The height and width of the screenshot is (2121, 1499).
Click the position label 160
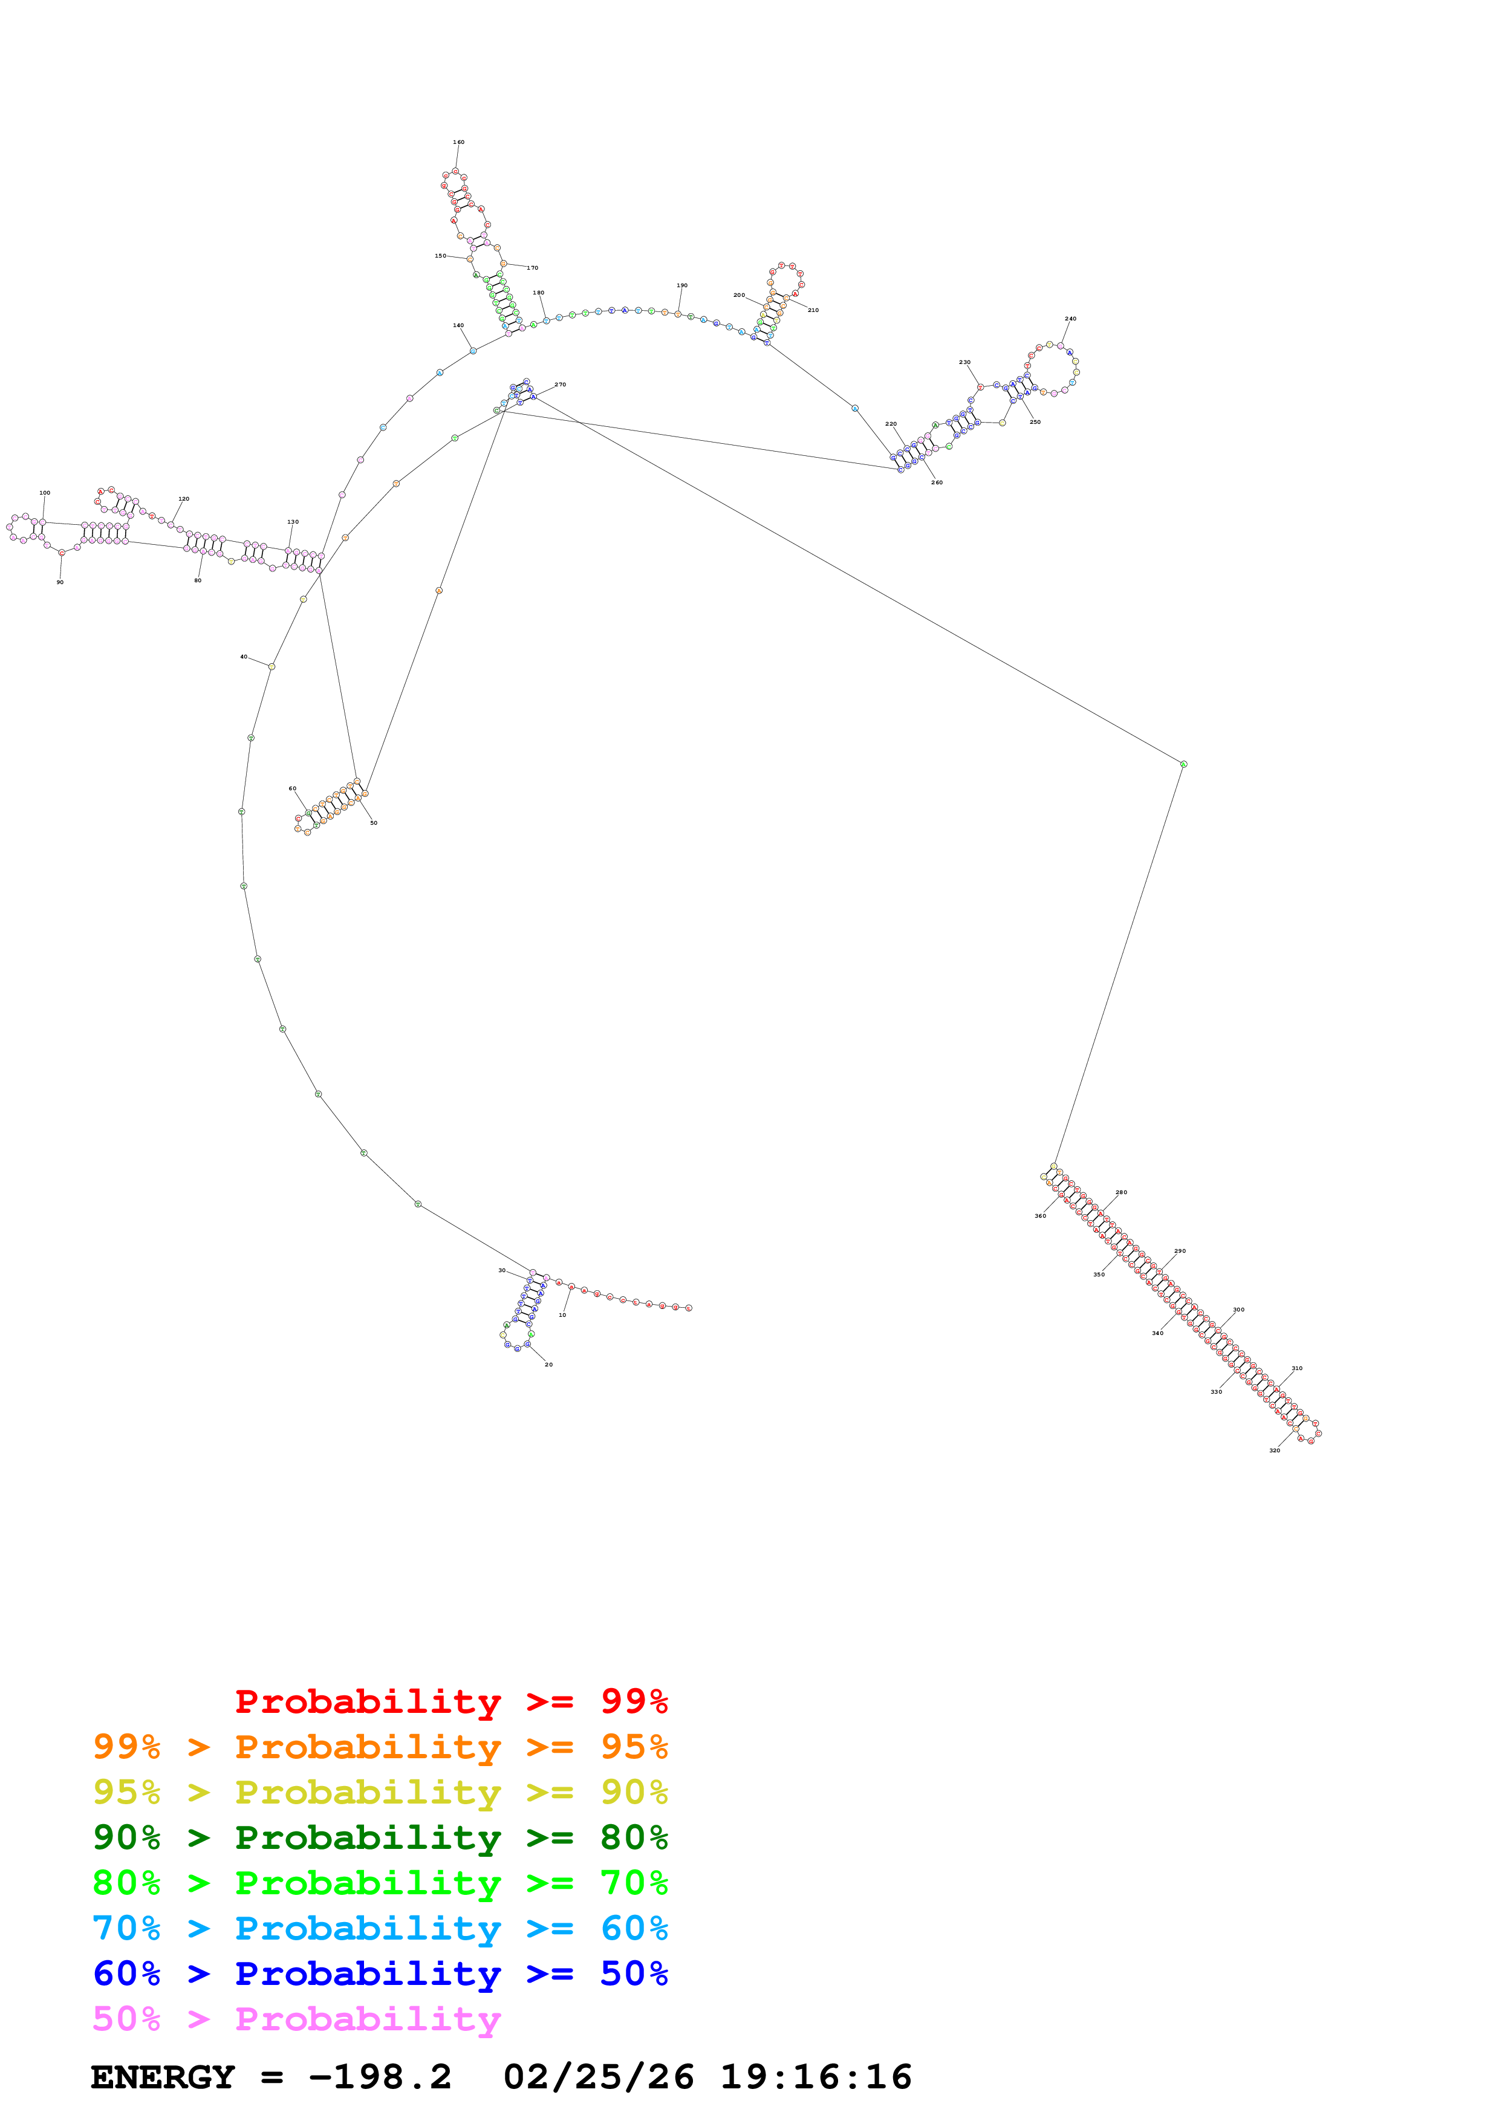tap(458, 142)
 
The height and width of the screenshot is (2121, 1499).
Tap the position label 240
tap(1070, 319)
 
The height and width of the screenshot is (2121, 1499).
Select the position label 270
tap(560, 385)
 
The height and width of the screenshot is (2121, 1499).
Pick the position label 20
tap(548, 1365)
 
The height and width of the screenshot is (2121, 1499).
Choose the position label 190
tap(681, 285)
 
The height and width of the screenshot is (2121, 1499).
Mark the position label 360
tap(1040, 1216)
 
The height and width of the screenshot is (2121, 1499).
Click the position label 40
tap(244, 657)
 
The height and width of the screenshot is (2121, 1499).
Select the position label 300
tap(1238, 1310)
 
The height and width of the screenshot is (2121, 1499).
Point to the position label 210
tap(813, 310)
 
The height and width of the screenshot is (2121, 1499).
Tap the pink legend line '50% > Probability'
tap(296, 2019)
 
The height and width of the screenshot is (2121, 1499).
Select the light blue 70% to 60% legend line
tap(380, 1929)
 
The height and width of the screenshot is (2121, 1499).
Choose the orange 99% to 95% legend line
tap(380, 1747)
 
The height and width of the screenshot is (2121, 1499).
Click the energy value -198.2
tap(380, 2077)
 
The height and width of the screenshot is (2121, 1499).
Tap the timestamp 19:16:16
tap(816, 2077)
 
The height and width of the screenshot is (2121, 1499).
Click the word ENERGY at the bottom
tap(163, 2077)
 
